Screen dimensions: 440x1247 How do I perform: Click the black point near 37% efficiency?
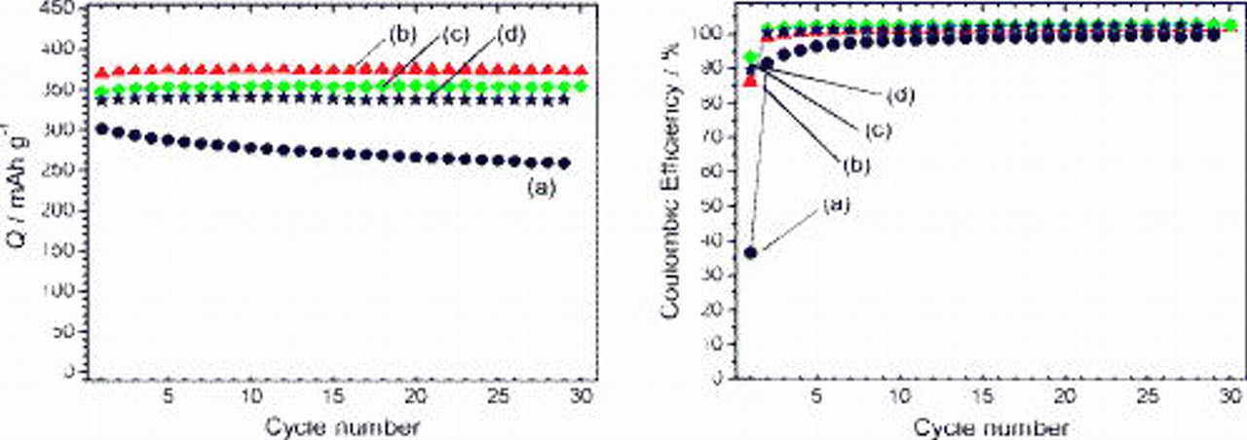750,252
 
